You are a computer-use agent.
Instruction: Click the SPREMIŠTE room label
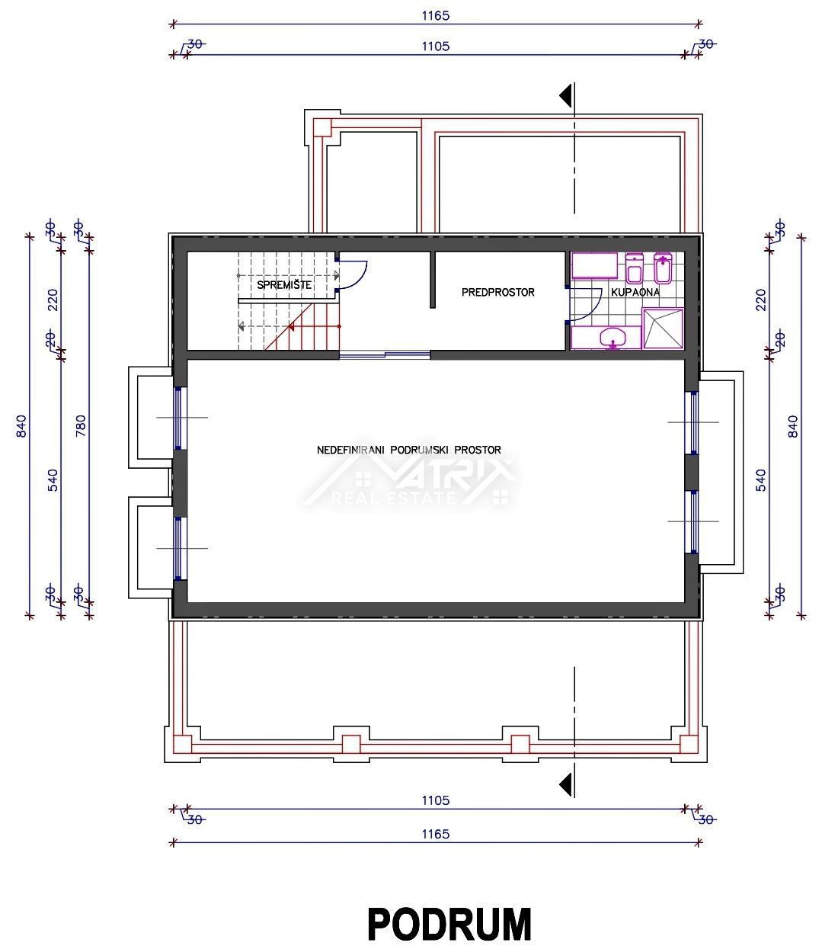click(284, 284)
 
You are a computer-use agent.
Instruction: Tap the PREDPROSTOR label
click(498, 292)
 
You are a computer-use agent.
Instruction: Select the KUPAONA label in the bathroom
click(635, 292)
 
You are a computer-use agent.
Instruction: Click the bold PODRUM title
click(449, 924)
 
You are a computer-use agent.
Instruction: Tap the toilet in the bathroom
click(635, 268)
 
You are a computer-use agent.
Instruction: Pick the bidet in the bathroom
click(663, 268)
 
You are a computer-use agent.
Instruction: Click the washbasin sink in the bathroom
click(613, 338)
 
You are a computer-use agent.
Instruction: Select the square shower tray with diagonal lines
click(663, 329)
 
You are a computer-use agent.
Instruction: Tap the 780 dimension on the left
click(81, 425)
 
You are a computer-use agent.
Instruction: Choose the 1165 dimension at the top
click(436, 15)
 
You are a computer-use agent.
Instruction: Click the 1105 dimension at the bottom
click(436, 800)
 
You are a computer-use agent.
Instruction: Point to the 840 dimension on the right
click(792, 426)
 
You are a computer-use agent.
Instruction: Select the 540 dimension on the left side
click(53, 479)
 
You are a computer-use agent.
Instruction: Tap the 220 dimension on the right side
click(761, 300)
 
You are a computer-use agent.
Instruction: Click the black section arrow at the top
click(565, 95)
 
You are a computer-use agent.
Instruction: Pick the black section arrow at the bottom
click(565, 785)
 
